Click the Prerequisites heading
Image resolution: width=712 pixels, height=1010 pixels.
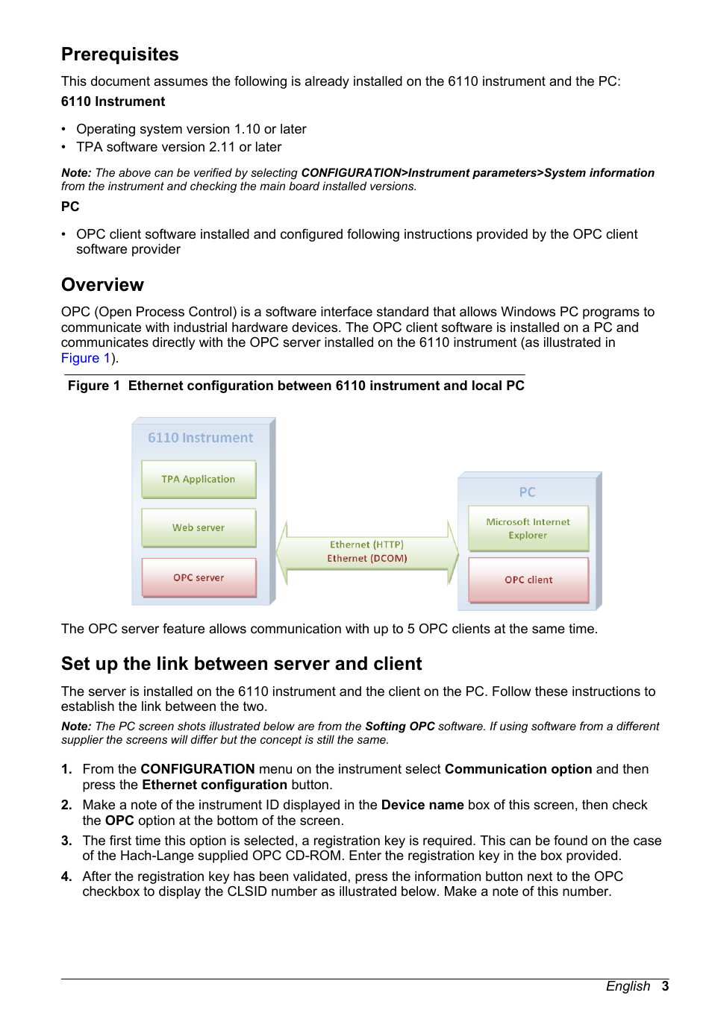[119, 54]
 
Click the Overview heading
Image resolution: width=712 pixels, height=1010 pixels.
[102, 285]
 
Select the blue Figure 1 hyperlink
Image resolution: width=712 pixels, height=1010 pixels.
[85, 358]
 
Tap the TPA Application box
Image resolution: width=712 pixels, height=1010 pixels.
[199, 479]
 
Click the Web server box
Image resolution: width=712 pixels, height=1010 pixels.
[199, 527]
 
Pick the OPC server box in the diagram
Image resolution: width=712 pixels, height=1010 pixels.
[199, 577]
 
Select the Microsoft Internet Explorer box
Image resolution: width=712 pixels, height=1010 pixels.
[528, 528]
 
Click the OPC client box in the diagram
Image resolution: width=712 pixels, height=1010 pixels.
[528, 580]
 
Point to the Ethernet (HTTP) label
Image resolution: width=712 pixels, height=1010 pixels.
[366, 545]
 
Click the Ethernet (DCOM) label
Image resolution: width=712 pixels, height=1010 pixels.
[366, 558]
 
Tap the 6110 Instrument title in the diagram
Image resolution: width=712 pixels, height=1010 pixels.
[200, 438]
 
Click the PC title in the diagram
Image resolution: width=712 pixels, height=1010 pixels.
[527, 492]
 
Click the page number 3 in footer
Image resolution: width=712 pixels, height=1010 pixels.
[665, 986]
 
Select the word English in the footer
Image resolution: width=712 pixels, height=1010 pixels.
[628, 986]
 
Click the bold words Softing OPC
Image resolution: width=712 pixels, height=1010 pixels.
[399, 727]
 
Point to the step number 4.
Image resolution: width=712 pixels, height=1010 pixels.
[66, 876]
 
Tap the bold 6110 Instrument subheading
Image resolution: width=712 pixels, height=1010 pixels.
[113, 101]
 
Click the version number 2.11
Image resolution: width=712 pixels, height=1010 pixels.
[222, 147]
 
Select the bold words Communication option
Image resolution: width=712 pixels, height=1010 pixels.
[518, 769]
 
